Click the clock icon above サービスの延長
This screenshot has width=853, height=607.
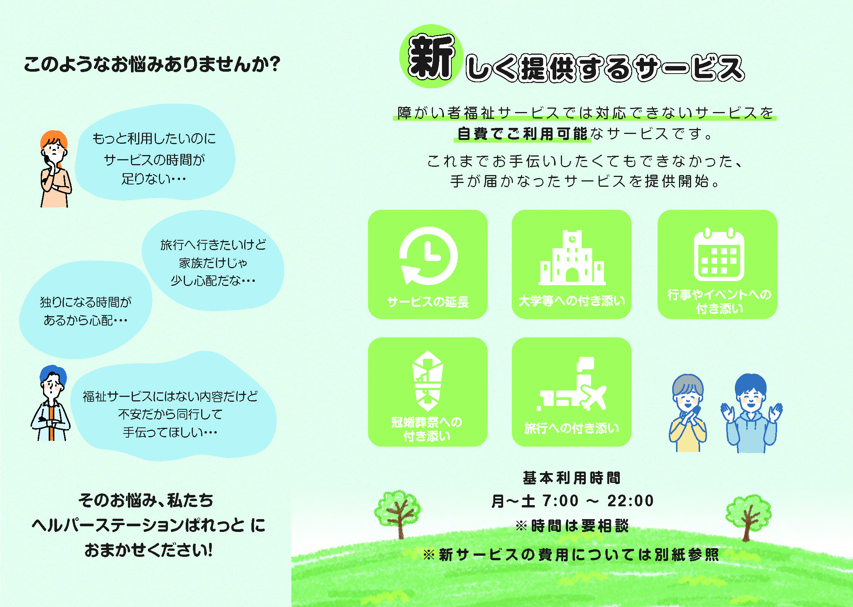pos(428,256)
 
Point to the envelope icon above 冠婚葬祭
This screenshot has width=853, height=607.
pos(427,381)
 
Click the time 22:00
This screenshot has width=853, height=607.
pos(630,501)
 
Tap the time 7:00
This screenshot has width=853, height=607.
pos(560,501)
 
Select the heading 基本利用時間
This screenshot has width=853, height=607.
pos(572,478)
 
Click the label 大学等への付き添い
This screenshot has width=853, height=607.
pos(572,301)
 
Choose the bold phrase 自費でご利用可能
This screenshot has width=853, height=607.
pos(522,134)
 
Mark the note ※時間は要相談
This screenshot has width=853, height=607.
pos(572,526)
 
